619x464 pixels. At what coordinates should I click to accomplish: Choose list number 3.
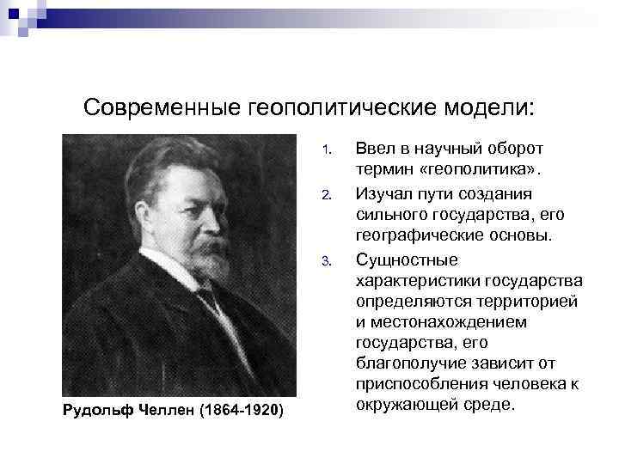tap(326, 261)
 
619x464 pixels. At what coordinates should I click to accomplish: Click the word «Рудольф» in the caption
tap(98, 409)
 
